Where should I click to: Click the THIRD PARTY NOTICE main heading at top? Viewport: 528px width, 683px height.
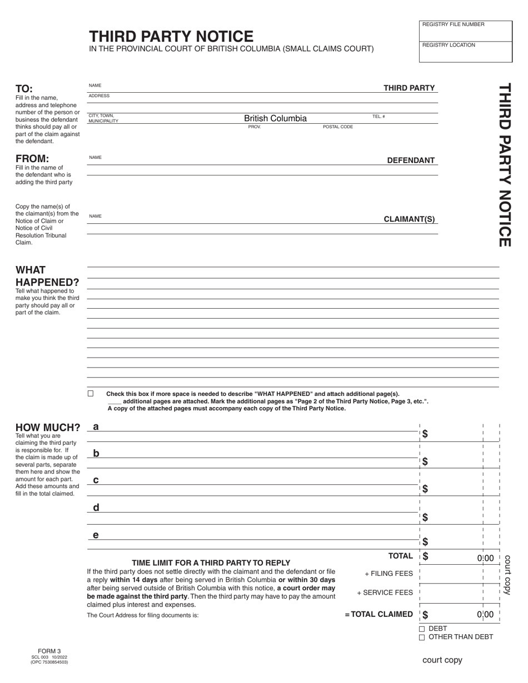(x=171, y=37)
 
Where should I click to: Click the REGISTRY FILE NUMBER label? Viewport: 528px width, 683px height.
(x=453, y=24)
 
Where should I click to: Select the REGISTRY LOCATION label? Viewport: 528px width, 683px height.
(x=449, y=45)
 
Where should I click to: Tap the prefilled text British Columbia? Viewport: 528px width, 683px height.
(x=275, y=118)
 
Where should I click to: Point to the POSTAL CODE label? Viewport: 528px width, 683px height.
(x=338, y=127)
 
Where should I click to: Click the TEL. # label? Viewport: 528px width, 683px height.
(x=378, y=117)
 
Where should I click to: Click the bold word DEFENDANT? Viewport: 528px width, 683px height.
(x=411, y=160)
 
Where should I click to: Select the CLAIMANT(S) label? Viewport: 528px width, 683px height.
(x=409, y=219)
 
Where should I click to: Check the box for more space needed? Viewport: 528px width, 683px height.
(x=91, y=393)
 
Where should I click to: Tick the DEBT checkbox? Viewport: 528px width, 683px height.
(x=422, y=629)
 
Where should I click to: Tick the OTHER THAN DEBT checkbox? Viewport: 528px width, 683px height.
(x=422, y=637)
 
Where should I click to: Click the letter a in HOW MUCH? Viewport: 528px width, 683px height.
(x=96, y=426)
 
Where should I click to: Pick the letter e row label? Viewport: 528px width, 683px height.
(x=96, y=535)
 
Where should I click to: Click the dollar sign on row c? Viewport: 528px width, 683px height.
(x=425, y=489)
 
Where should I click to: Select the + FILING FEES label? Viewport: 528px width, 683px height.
(x=388, y=574)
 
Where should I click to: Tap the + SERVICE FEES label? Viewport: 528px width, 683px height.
(x=385, y=592)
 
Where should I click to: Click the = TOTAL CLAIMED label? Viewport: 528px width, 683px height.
(x=378, y=614)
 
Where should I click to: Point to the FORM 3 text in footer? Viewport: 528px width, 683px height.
(x=49, y=651)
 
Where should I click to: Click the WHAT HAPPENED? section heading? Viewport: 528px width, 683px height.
(x=47, y=276)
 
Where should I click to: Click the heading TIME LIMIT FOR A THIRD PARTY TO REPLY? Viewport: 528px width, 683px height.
(x=211, y=563)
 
